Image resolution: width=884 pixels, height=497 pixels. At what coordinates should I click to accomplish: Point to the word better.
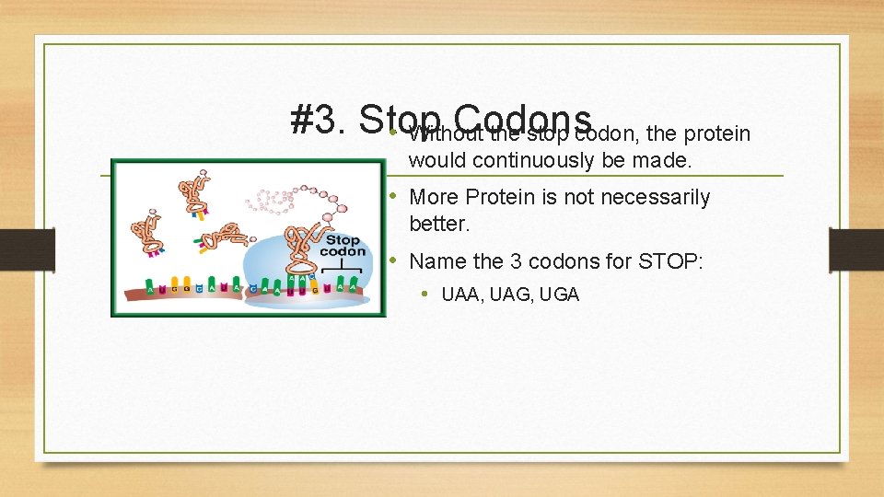(x=439, y=224)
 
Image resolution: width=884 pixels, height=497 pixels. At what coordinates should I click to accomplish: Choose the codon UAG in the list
(x=506, y=295)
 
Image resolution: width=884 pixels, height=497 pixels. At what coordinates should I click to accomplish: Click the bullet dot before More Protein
(x=392, y=197)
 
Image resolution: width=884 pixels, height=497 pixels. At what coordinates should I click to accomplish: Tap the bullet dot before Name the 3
(x=392, y=261)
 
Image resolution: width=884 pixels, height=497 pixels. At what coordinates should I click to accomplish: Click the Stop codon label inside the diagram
(x=344, y=246)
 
